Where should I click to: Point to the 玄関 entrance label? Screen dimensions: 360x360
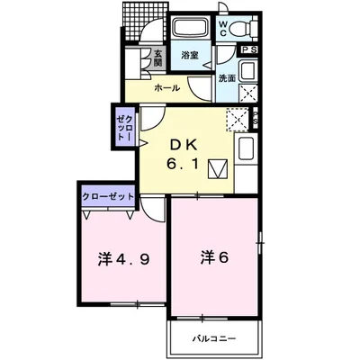pos(157,57)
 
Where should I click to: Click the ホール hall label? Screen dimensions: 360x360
pos(168,88)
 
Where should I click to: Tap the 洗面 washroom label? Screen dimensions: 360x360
pos(226,78)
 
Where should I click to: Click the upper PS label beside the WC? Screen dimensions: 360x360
pos(249,50)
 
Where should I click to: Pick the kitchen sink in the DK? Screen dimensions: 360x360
pos(247,149)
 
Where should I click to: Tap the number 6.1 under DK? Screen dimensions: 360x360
pos(186,165)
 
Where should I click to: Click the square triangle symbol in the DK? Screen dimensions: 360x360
pos(217,168)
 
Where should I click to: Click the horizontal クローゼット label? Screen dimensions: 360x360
pos(108,195)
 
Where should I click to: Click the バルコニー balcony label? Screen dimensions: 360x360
pos(214,339)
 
